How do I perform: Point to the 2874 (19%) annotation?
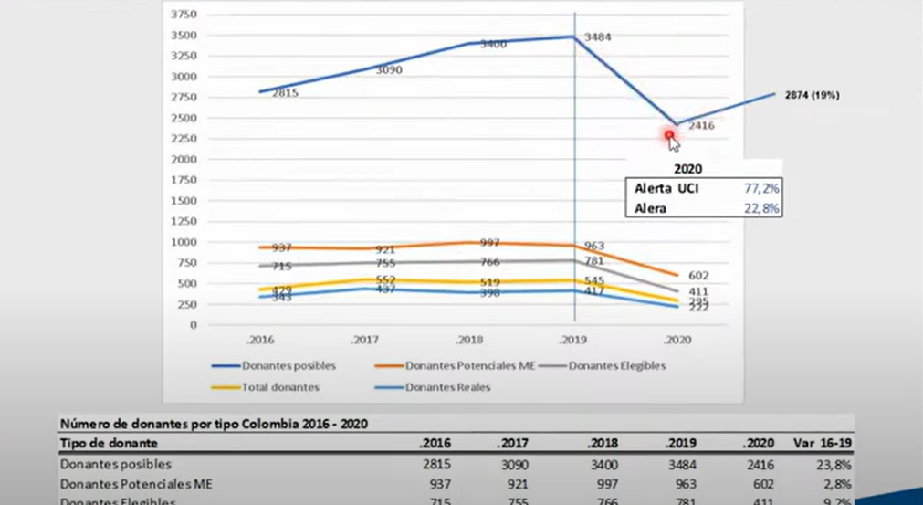pyautogui.click(x=813, y=95)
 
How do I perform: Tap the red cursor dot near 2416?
pyautogui.click(x=669, y=135)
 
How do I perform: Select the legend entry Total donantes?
pyautogui.click(x=279, y=387)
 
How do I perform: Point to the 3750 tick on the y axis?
pyautogui.click(x=184, y=16)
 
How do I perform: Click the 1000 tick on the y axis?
pyautogui.click(x=184, y=242)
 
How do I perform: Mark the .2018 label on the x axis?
pyautogui.click(x=469, y=338)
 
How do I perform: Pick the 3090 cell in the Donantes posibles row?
pyautogui.click(x=521, y=464)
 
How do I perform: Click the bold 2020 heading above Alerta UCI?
pyautogui.click(x=687, y=169)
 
